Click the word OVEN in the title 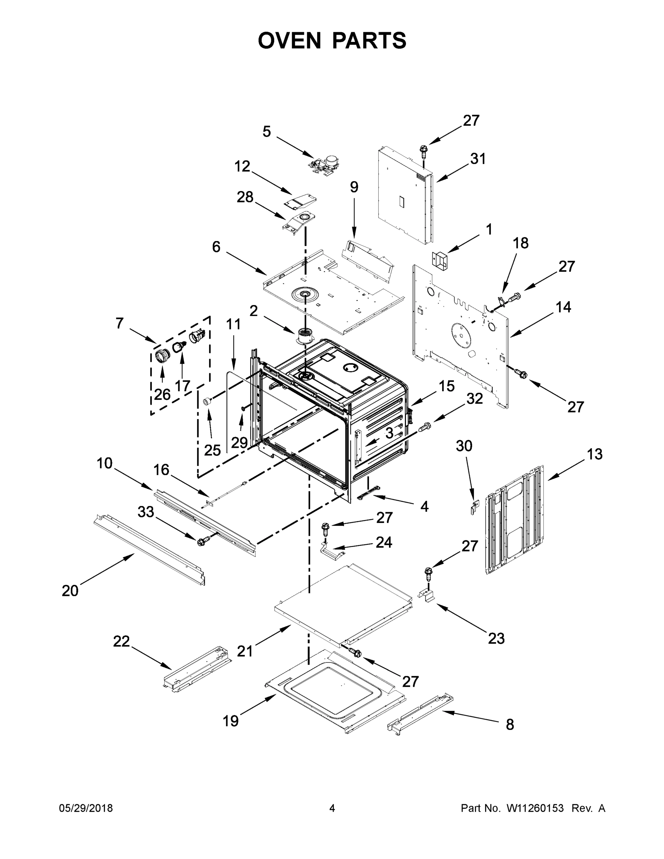[290, 40]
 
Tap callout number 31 [478, 159]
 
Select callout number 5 [267, 131]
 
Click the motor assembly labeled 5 [324, 163]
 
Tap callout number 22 [121, 641]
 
